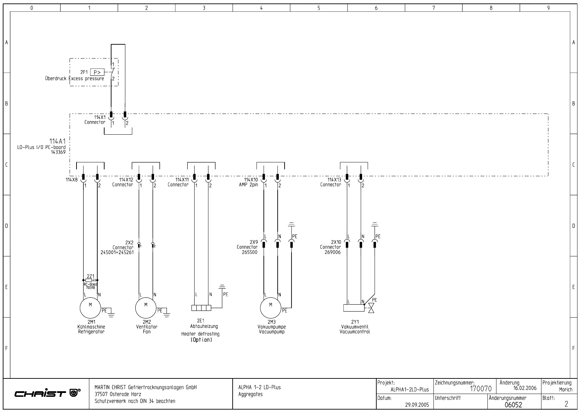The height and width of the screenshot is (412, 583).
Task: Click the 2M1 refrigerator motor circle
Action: [x=90, y=308]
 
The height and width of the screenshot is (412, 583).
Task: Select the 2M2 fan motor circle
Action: [x=146, y=308]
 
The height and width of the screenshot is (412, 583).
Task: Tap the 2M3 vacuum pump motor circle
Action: [x=271, y=308]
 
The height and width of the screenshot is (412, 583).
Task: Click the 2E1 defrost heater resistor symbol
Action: [x=201, y=308]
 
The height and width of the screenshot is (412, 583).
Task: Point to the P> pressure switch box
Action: [x=97, y=72]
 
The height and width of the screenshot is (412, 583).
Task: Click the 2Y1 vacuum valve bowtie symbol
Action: [x=371, y=308]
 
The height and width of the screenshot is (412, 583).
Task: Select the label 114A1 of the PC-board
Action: [x=57, y=141]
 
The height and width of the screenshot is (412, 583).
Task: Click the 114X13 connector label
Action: [x=334, y=180]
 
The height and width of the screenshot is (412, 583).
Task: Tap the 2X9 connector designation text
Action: [x=254, y=242]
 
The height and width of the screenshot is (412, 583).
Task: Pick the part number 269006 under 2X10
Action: [x=332, y=252]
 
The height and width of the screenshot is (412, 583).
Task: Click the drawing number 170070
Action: [x=481, y=389]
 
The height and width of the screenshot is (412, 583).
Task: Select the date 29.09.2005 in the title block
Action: [x=417, y=404]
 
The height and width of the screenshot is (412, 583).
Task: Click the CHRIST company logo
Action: [x=47, y=393]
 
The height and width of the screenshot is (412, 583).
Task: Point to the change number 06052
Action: [x=513, y=404]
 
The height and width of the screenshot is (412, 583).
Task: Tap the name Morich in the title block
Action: [x=566, y=389]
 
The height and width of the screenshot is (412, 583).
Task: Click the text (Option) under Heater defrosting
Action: [x=201, y=340]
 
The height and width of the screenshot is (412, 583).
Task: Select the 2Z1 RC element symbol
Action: [x=89, y=280]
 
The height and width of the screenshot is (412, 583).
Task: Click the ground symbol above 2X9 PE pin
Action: [x=291, y=225]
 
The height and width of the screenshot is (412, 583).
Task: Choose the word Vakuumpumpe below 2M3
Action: [x=272, y=326]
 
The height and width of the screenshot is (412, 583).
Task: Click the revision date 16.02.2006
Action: [x=525, y=388]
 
